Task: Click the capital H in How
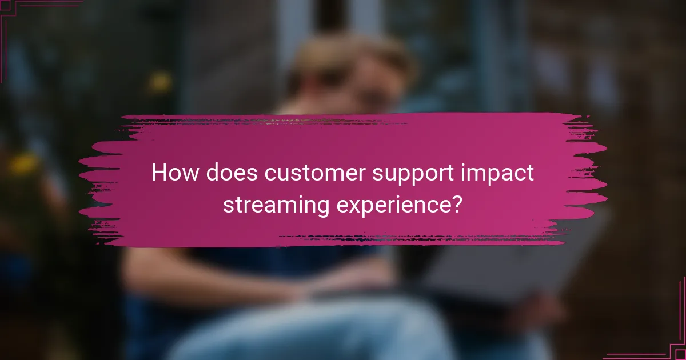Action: click(x=158, y=173)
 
